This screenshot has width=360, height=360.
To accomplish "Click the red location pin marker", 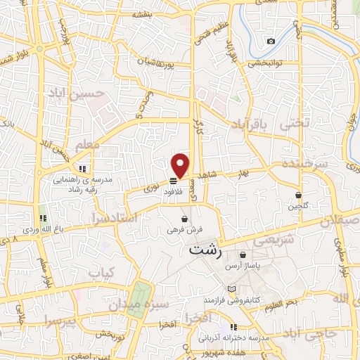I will point(181,165).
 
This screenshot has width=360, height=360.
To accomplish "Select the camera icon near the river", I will point(271,41).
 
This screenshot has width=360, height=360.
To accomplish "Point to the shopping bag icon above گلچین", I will point(298,195).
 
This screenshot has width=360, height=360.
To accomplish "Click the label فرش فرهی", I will point(185,229).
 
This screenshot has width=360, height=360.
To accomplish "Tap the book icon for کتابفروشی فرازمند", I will point(232,289).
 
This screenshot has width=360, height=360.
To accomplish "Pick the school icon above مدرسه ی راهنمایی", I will point(82,169).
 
